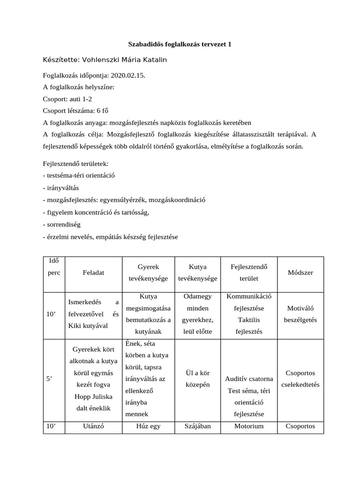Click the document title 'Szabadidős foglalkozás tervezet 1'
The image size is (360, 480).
click(180, 45)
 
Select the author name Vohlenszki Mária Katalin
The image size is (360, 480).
click(124, 60)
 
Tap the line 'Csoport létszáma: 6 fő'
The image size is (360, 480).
click(75, 112)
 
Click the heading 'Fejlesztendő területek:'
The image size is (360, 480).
click(75, 164)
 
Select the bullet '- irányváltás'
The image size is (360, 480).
click(61, 188)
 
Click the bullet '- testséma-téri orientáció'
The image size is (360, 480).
click(79, 176)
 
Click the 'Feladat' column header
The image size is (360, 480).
click(93, 273)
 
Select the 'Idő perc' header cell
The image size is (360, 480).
click(51, 267)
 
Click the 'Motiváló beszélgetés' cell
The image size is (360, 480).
click(300, 314)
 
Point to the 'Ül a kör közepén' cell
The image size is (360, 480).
click(197, 379)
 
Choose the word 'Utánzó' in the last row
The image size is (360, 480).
click(93, 426)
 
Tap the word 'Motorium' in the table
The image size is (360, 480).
click(248, 426)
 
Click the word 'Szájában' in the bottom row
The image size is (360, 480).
click(197, 426)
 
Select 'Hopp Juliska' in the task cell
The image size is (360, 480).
click(93, 397)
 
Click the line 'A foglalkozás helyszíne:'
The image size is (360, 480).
click(78, 87)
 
